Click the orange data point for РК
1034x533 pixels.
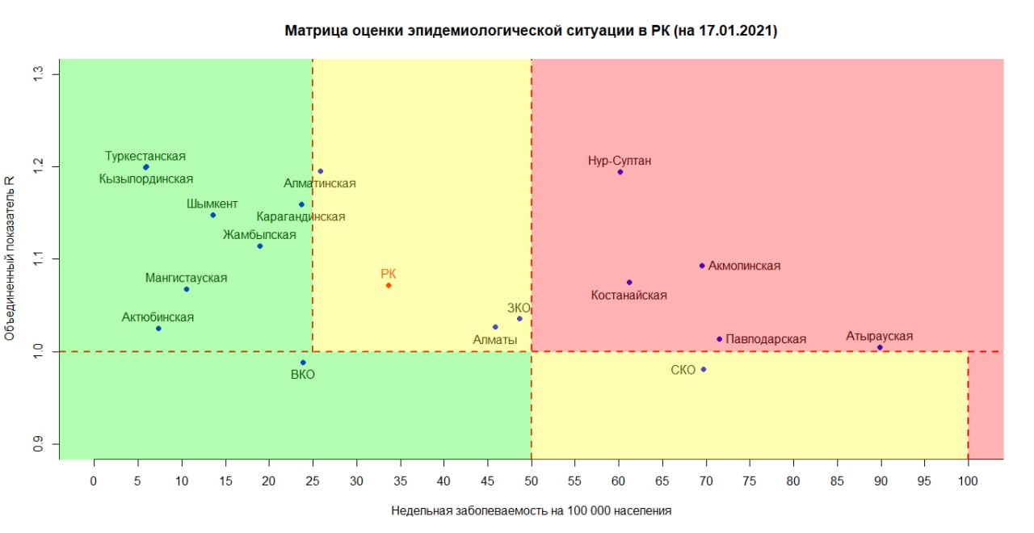click(389, 285)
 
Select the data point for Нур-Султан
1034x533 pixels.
click(620, 172)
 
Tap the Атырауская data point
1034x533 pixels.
click(880, 347)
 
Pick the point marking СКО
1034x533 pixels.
click(704, 369)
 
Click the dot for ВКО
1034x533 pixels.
click(303, 362)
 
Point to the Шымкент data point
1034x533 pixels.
click(212, 215)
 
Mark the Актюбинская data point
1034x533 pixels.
click(158, 328)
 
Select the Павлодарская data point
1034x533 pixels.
click(719, 338)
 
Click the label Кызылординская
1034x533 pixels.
click(146, 179)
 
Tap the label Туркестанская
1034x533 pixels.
click(145, 156)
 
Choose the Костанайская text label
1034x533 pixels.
click(629, 296)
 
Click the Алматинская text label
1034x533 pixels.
click(320, 183)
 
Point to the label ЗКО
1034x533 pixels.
click(519, 308)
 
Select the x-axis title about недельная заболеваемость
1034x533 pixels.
click(531, 510)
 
